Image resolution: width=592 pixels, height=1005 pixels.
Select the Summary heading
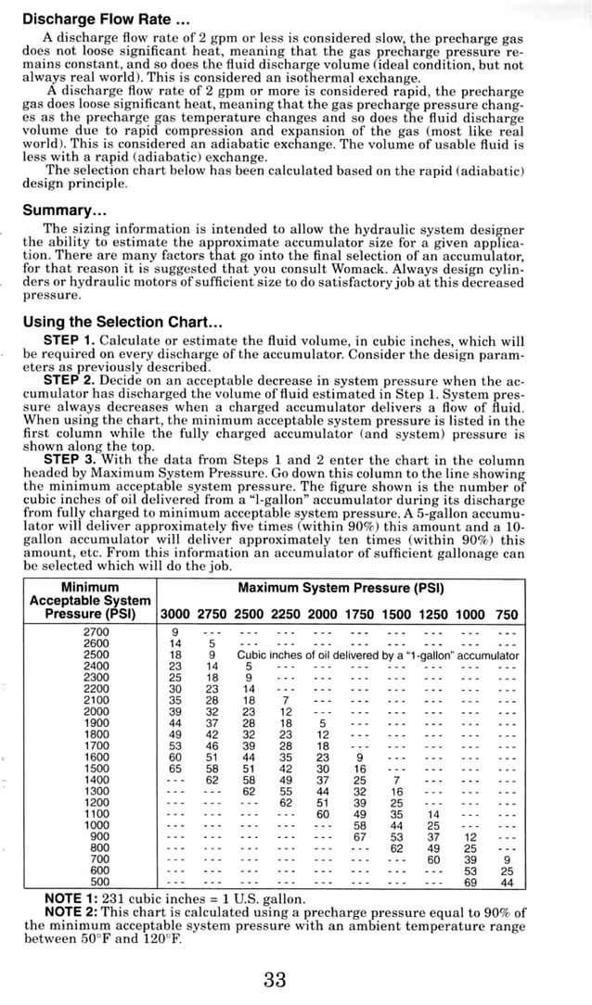pos(65,210)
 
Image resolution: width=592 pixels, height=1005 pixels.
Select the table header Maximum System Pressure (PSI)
pos(341,588)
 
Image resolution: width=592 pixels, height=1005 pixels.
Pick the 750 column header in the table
pos(507,614)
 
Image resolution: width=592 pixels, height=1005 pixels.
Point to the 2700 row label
pos(97,631)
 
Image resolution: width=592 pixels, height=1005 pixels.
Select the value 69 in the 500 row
pos(470,882)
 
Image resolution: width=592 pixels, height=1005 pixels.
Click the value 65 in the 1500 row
pos(175,768)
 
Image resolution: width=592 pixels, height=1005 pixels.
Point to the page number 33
pos(275,980)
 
